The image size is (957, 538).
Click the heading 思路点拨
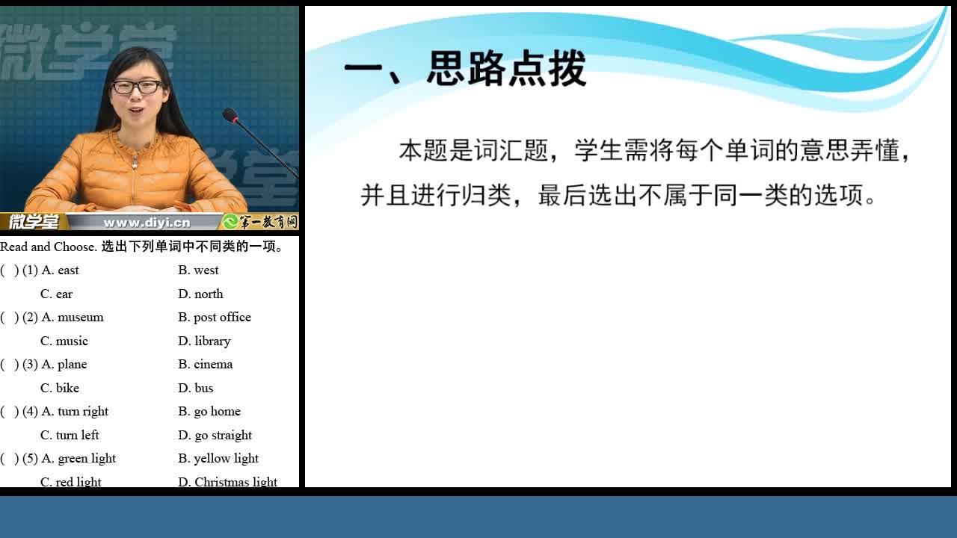[x=506, y=68]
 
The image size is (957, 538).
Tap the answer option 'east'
[x=68, y=270]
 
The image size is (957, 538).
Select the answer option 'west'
[x=206, y=270]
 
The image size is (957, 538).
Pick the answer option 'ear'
[x=64, y=294]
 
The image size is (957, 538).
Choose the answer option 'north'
[x=209, y=294]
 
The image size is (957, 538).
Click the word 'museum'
[x=80, y=318]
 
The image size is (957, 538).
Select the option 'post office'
[x=222, y=318]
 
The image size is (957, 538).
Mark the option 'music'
[x=72, y=341]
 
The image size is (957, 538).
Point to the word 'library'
[x=212, y=341]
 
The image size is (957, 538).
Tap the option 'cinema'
[x=213, y=364]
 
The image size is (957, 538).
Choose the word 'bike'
[x=67, y=388]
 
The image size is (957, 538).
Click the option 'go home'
[x=217, y=411]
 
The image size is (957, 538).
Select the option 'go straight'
[x=223, y=435]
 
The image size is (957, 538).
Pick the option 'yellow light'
[x=226, y=458]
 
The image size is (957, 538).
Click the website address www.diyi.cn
[x=147, y=223]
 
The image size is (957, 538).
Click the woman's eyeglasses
[x=136, y=87]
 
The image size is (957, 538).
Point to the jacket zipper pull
[x=135, y=162]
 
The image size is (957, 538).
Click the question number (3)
[x=30, y=364]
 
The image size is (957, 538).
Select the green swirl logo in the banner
[x=230, y=222]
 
